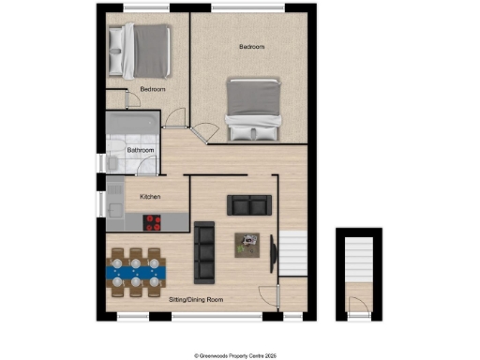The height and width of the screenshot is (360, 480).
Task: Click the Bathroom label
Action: [x=141, y=149]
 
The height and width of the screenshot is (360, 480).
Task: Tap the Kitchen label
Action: [x=151, y=197]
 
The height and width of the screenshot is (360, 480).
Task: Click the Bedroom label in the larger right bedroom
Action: [x=251, y=47]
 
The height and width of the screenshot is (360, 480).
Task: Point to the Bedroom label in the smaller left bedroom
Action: [x=152, y=89]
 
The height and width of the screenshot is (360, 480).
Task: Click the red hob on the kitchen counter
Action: [x=152, y=222]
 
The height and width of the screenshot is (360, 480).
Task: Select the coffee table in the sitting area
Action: [x=248, y=244]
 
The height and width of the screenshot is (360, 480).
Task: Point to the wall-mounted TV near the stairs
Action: [x=273, y=253]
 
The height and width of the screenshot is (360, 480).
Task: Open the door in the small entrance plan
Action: [x=356, y=304]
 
